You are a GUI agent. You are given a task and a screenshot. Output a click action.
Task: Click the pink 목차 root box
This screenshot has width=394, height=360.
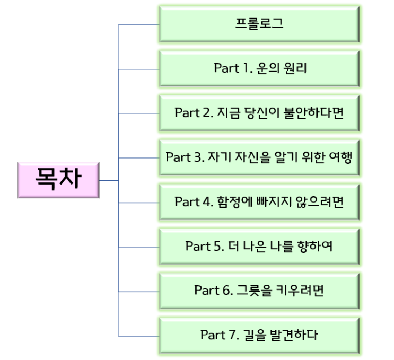click(58, 180)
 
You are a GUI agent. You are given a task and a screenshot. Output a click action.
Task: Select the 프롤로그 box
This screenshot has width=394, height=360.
click(259, 24)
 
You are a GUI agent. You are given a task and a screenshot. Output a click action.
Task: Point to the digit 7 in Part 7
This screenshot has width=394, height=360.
click(233, 335)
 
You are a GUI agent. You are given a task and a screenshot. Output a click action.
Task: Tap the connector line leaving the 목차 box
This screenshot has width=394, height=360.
click(108, 180)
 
